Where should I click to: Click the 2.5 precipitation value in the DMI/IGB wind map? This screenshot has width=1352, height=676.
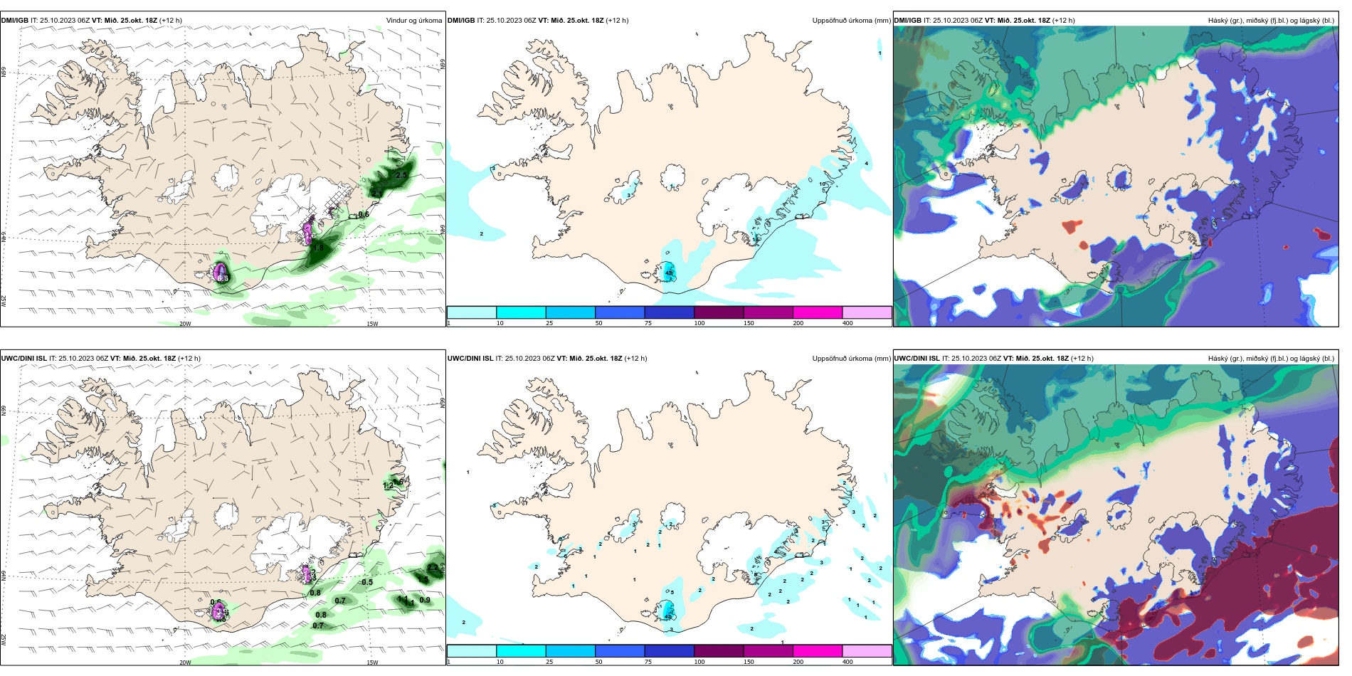coord(401,175)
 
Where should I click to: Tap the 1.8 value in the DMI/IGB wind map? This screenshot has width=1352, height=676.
coord(319,248)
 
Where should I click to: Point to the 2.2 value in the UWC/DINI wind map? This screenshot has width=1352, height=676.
coord(433,567)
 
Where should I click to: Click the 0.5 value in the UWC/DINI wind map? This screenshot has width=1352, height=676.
coord(367,582)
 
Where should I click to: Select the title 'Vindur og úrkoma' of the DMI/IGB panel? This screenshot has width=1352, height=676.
coord(413,21)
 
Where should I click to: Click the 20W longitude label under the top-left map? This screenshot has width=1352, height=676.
coord(185,324)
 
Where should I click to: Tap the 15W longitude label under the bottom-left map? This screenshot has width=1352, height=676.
coord(372,662)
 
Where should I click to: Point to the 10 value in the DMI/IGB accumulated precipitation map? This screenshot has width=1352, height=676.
coord(823,184)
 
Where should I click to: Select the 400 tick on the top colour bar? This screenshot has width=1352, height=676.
coord(847,323)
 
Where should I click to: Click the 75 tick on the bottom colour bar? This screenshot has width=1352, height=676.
coord(648,662)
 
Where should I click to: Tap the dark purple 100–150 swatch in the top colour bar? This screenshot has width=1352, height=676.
coord(719,312)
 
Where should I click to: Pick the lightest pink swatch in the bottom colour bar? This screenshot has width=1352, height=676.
coord(867,651)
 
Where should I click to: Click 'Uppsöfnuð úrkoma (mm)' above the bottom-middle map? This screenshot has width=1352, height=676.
coord(851,359)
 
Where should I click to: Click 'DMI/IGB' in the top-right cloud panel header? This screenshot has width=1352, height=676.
coord(907,21)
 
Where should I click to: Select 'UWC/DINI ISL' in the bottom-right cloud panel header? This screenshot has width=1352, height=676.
coord(917,359)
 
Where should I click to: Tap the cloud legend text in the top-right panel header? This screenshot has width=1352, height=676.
coord(1271,21)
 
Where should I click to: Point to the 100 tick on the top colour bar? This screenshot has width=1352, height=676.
coord(699,323)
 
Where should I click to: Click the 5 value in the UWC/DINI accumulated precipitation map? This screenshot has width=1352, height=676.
coord(672,592)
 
